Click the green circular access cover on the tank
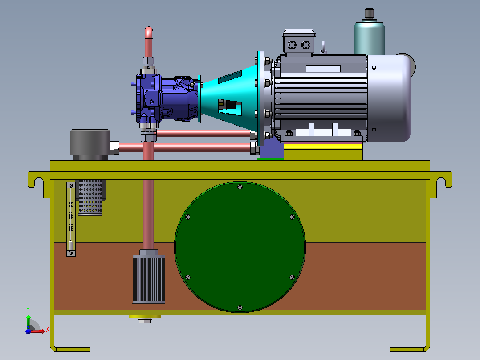coord(240,247)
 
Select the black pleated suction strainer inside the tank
coord(148,279)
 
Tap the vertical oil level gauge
coord(71,219)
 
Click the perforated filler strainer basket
coord(90,197)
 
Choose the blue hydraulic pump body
coord(165,98)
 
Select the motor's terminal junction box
coord(299,42)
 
